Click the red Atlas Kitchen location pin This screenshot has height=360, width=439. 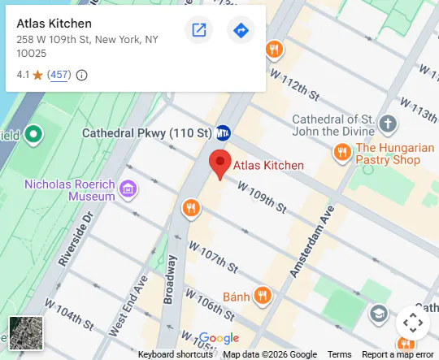pyautogui.click(x=220, y=163)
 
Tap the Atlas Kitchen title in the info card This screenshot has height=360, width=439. pyautogui.click(x=54, y=24)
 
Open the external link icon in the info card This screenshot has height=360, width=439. pyautogui.click(x=198, y=31)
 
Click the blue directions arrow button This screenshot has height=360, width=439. pyautogui.click(x=241, y=31)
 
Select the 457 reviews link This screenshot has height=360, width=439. pyautogui.click(x=59, y=75)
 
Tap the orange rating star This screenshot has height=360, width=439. pyautogui.click(x=37, y=75)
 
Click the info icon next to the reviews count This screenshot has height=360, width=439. pyautogui.click(x=81, y=75)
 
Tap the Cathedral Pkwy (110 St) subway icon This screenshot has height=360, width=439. pyautogui.click(x=224, y=132)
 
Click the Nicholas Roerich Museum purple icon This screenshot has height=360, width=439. pyautogui.click(x=126, y=190)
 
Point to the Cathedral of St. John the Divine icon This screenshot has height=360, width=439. pyautogui.click(x=389, y=124)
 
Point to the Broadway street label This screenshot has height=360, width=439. pyautogui.click(x=170, y=279)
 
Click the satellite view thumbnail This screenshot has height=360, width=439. pyautogui.click(x=26, y=333)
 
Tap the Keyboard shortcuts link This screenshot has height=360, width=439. pyautogui.click(x=176, y=354)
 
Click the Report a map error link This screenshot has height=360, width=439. pyautogui.click(x=398, y=354)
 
